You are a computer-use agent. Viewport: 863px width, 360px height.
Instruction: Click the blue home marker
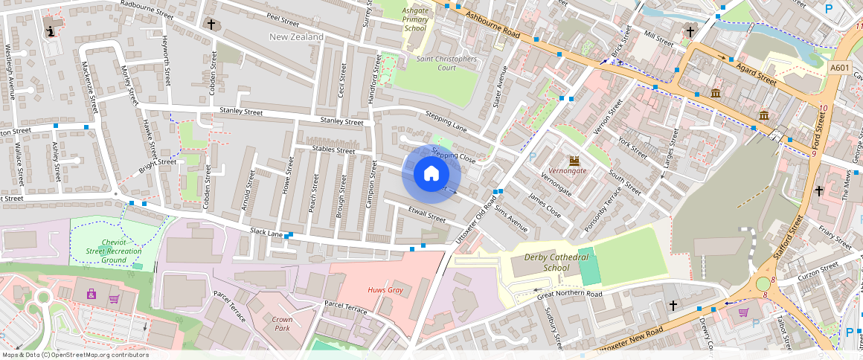pyautogui.click(x=431, y=174)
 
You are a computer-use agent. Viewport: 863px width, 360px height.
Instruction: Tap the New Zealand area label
pyautogui.click(x=296, y=36)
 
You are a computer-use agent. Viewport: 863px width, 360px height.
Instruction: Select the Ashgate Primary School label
pyautogui.click(x=415, y=19)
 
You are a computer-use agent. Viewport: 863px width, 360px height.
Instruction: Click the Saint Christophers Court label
pyautogui.click(x=446, y=63)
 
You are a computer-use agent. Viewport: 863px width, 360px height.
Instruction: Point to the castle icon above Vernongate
pyautogui.click(x=574, y=160)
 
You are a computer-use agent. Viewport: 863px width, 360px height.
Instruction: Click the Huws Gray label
pyautogui.click(x=385, y=290)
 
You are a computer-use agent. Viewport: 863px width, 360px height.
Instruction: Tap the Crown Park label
pyautogui.click(x=282, y=324)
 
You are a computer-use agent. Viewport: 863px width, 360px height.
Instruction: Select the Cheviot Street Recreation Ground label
pyautogui.click(x=114, y=251)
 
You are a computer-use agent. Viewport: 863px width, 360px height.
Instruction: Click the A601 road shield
pyautogui.click(x=839, y=68)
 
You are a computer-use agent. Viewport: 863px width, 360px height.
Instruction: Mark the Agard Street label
pyautogui.click(x=756, y=72)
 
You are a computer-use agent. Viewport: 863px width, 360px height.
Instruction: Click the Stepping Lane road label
pyautogui.click(x=446, y=119)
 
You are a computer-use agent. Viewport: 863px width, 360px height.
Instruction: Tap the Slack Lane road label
pyautogui.click(x=266, y=233)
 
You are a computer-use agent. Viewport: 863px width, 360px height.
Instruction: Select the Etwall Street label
pyautogui.click(x=426, y=216)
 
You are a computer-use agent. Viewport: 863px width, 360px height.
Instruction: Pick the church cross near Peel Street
pyautogui.click(x=211, y=25)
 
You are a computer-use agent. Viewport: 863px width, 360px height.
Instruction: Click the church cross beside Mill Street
pyautogui.click(x=690, y=31)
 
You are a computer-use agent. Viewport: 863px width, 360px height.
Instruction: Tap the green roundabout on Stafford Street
pyautogui.click(x=763, y=283)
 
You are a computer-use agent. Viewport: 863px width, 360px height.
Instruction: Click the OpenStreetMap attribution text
pyautogui.click(x=74, y=355)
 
